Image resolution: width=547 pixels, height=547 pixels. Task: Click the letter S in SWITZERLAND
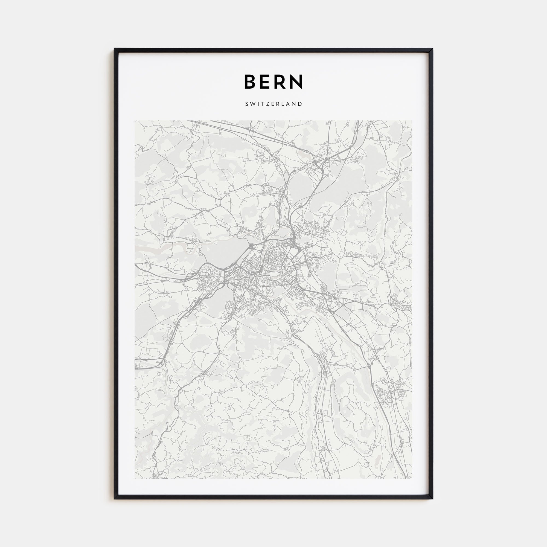point(247,104)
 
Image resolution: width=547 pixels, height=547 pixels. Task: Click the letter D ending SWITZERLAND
point(300,104)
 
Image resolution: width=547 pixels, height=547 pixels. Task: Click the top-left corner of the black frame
point(114,48)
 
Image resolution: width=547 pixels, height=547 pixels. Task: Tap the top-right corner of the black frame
point(433,48)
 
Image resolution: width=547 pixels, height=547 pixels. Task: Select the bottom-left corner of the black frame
point(114,499)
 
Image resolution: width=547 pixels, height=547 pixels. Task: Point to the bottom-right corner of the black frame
point(433,499)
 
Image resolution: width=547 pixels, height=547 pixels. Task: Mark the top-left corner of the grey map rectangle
point(135,121)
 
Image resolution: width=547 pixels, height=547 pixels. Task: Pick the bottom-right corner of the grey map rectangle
point(412,478)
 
